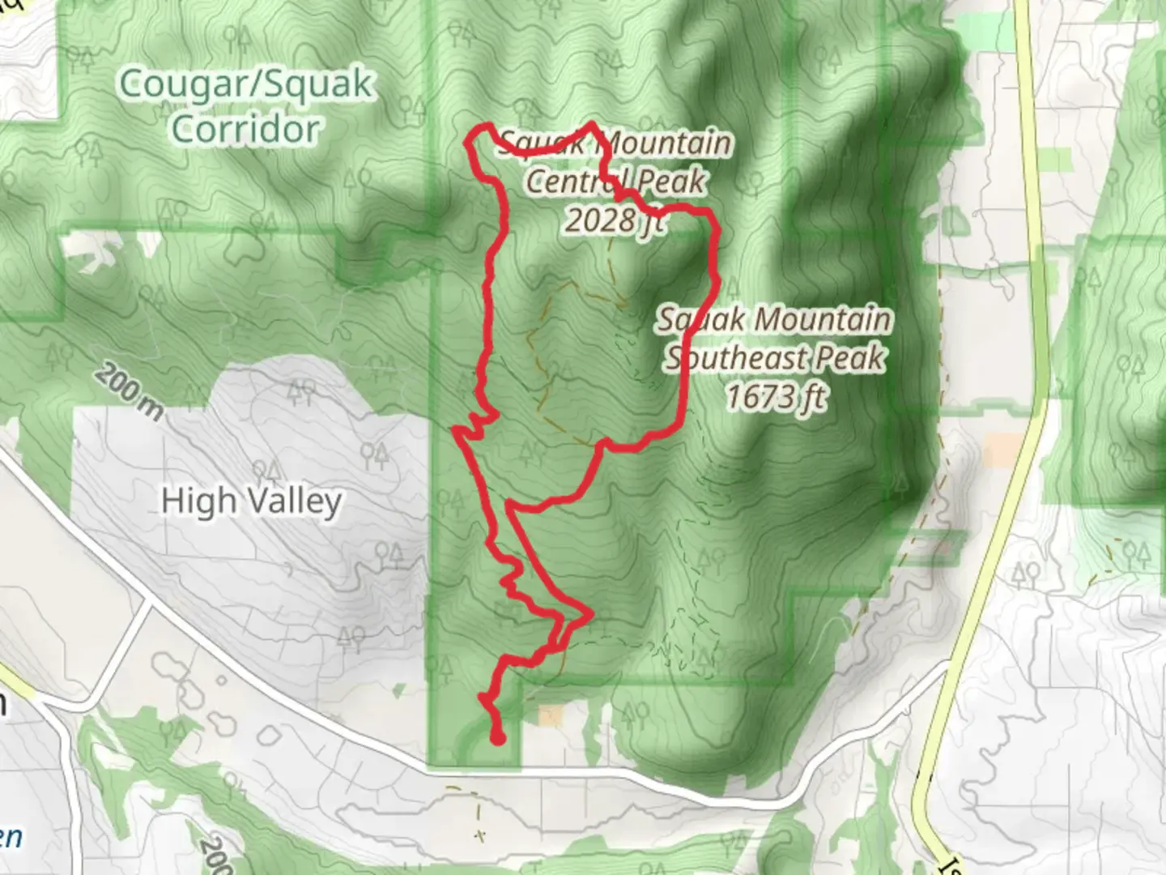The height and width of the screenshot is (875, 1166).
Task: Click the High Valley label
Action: click(251, 502)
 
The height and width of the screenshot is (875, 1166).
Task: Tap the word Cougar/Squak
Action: click(246, 84)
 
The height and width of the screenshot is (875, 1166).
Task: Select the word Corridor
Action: click(245, 129)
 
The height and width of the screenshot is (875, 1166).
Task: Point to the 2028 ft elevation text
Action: click(614, 220)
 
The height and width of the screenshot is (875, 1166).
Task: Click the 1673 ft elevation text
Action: click(776, 397)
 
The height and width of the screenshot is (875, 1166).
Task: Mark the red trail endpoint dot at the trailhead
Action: click(498, 737)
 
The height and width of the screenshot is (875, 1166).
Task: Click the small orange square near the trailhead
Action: click(551, 715)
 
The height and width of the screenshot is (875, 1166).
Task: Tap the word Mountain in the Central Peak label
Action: click(666, 143)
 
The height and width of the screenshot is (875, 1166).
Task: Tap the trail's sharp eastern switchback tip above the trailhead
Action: click(592, 613)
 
